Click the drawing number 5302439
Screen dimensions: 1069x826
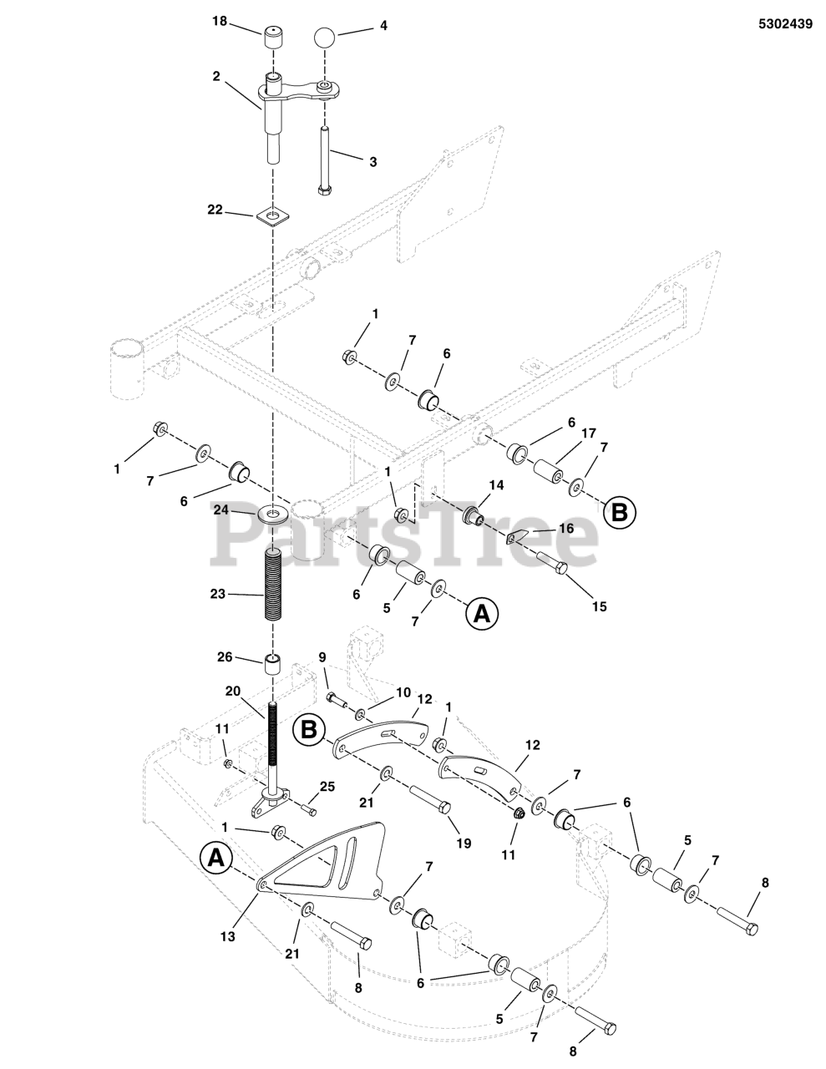point(785,24)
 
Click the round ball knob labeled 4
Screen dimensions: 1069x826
point(325,38)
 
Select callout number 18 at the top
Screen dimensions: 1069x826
point(219,23)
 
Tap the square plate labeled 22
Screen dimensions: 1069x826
point(268,217)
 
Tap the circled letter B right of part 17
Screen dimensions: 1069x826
point(619,511)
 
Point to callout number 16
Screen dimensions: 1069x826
point(566,528)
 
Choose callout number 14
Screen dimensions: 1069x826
point(496,484)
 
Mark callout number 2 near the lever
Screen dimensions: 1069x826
point(216,76)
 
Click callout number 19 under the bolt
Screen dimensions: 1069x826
point(464,844)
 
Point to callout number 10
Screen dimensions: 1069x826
point(403,692)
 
